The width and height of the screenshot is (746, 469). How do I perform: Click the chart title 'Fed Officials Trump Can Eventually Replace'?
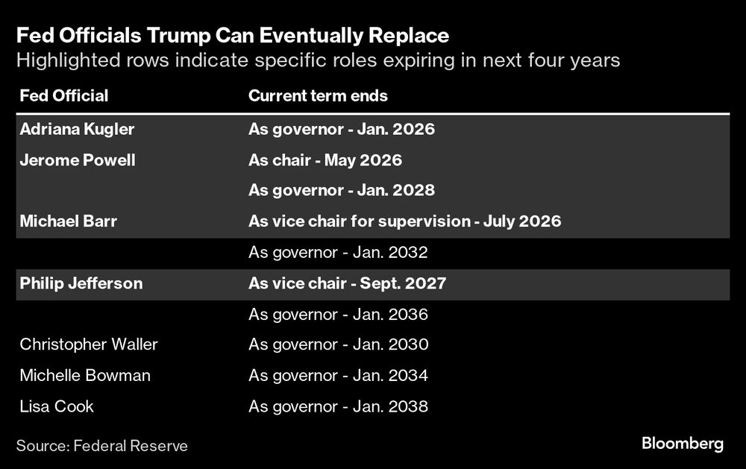point(233,35)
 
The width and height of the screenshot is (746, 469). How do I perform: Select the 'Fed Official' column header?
point(64,96)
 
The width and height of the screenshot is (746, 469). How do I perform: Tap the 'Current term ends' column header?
point(318,96)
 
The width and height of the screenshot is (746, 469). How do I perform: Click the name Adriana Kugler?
point(77,129)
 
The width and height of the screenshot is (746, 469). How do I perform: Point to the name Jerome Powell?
point(78,160)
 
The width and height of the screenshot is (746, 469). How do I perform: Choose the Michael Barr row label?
point(69,221)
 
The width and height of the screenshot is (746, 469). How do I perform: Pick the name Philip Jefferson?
point(81,283)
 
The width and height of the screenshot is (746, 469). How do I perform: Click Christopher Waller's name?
point(89,344)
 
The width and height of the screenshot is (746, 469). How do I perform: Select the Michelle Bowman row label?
point(85,376)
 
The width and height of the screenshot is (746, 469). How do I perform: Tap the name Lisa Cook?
point(57,407)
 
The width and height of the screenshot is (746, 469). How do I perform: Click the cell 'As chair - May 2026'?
point(325,160)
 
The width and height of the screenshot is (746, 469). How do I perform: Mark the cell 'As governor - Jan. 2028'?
point(341,191)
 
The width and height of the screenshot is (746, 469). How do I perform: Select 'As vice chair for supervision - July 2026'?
point(404,221)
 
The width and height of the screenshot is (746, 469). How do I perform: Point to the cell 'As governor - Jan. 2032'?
point(338,253)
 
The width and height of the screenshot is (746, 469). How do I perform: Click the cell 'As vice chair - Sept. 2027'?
point(348,283)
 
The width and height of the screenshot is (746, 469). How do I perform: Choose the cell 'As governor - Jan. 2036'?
point(338,315)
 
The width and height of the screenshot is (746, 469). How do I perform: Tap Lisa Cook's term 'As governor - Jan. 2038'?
point(338,407)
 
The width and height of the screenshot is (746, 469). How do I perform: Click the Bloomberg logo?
point(683,444)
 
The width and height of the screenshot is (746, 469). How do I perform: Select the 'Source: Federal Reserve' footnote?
point(102,446)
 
